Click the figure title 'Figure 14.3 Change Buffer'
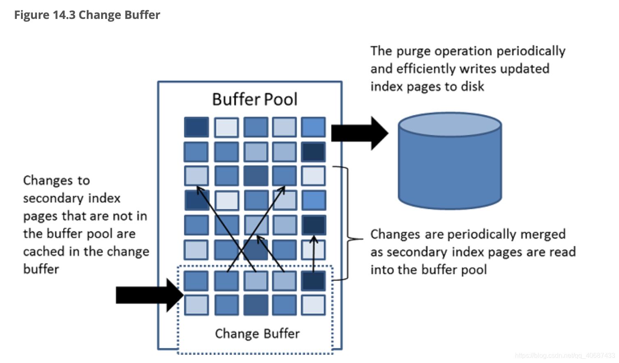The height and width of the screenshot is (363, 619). [87, 15]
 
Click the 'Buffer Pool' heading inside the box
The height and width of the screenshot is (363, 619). [254, 100]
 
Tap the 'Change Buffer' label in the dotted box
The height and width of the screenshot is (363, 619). [257, 333]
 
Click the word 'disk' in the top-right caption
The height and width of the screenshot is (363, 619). [472, 87]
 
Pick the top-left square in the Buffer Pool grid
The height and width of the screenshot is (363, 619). [196, 127]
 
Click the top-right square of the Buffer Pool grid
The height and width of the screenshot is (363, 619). [313, 127]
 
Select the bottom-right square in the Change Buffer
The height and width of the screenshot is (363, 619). [313, 305]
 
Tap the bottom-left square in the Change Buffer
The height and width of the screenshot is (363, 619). [196, 305]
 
